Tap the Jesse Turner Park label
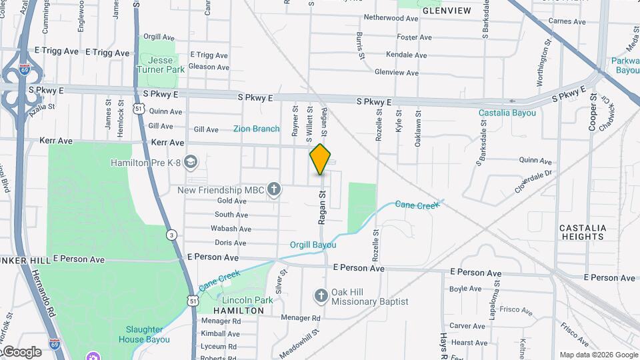pos(161,65)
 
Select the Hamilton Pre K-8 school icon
pos(191,162)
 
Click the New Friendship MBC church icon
pos(273,190)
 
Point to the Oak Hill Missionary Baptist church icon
pos(321,295)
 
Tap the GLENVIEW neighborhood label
pos(446,11)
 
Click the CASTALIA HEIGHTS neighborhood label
pos(583,232)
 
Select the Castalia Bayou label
pos(507,113)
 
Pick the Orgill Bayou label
pos(313,245)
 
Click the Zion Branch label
pos(257,129)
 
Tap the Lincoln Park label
pos(247,300)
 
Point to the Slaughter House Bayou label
pos(145,334)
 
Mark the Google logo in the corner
pos(22,352)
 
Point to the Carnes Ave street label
pos(567,22)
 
